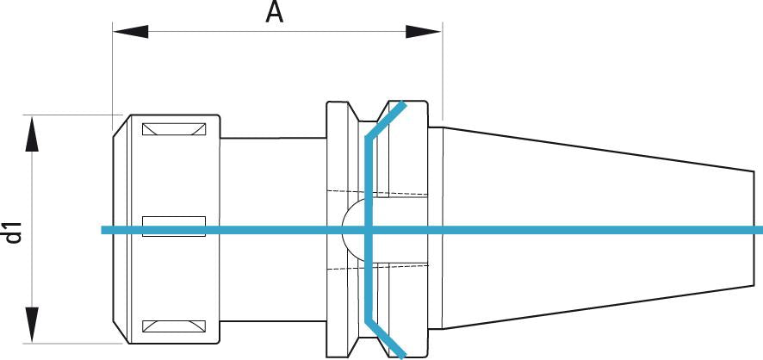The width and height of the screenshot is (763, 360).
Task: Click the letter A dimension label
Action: pyautogui.click(x=274, y=13)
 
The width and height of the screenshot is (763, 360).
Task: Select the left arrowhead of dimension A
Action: pyautogui.click(x=130, y=32)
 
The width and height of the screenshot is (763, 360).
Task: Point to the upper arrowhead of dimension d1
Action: pyautogui.click(x=32, y=134)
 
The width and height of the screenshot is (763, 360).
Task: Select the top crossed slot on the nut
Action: pyautogui.click(x=174, y=130)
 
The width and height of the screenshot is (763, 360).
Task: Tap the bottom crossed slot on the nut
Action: pyautogui.click(x=174, y=326)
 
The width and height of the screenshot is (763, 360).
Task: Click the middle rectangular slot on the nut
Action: pyautogui.click(x=174, y=226)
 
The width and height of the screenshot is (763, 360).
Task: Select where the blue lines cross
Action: pyautogui.click(x=367, y=230)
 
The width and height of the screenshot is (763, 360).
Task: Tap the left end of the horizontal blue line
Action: pyautogui.click(x=103, y=230)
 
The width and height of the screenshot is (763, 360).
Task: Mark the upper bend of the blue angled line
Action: pyautogui.click(x=368, y=138)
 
